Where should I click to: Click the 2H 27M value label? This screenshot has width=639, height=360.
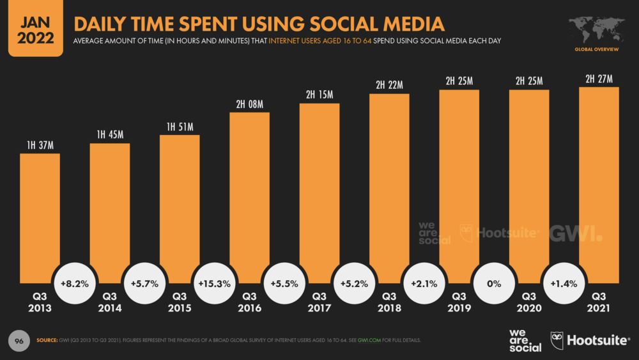[599, 79]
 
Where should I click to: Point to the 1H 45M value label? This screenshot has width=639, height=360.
[109, 135]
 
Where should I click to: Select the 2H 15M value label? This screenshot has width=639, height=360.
[319, 95]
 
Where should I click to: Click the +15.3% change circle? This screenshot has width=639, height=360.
[215, 283]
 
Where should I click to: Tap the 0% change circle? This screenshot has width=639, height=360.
[494, 283]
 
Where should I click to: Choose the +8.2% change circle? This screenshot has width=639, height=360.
[75, 283]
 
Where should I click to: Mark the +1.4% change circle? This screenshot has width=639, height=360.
[564, 283]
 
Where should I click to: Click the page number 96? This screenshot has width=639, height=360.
[19, 340]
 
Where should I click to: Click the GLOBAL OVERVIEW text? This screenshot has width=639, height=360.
[596, 49]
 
